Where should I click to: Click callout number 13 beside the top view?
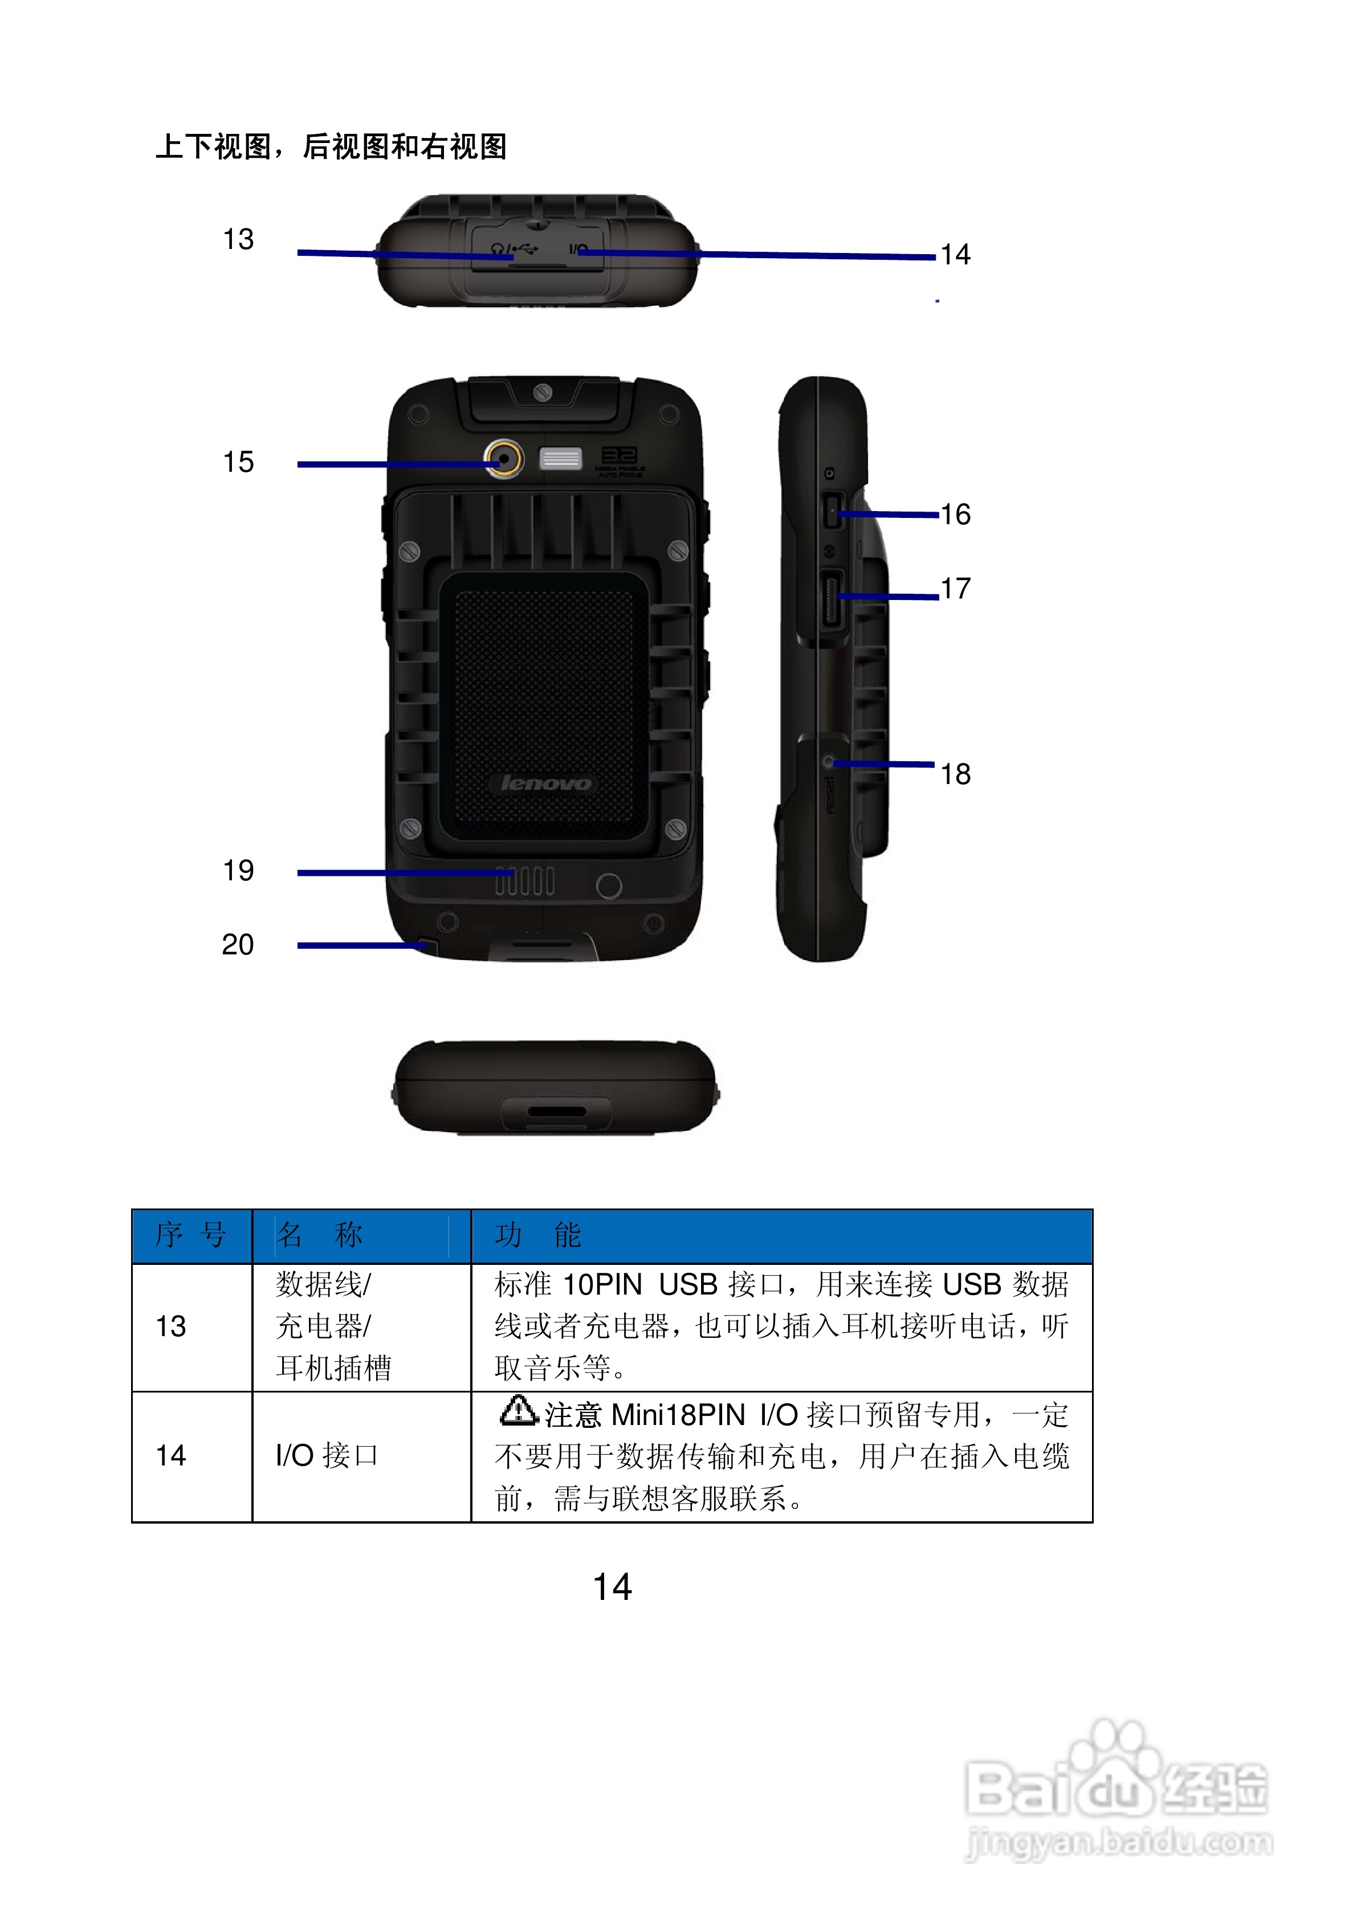pyautogui.click(x=238, y=240)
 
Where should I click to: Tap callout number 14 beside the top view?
pyautogui.click(x=955, y=255)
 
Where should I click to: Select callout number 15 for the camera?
pyautogui.click(x=238, y=462)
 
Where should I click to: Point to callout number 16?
pyautogui.click(x=955, y=515)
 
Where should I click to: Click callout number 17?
pyautogui.click(x=955, y=589)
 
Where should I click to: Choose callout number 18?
pyautogui.click(x=955, y=775)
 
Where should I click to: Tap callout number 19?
pyautogui.click(x=238, y=871)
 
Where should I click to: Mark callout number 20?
pyautogui.click(x=238, y=945)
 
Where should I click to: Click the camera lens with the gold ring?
pyautogui.click(x=504, y=458)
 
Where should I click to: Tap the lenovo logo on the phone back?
pyautogui.click(x=545, y=783)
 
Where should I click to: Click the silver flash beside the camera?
pyautogui.click(x=560, y=458)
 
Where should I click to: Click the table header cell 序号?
pyautogui.click(x=191, y=1235)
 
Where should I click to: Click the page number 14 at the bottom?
pyautogui.click(x=612, y=1587)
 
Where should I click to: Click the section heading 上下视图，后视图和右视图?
pyautogui.click(x=331, y=147)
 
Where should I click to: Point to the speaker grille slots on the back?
pyautogui.click(x=524, y=881)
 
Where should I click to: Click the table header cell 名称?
pyautogui.click(x=319, y=1235)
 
